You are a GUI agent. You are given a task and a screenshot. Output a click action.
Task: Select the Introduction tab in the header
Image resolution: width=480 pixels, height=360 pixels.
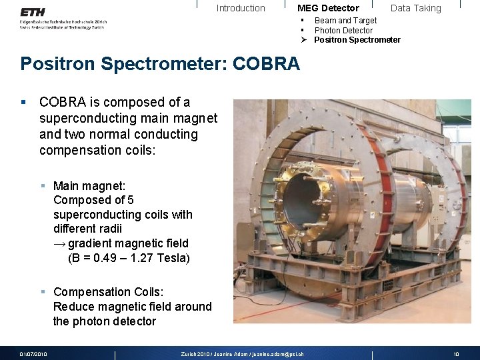point(241,8)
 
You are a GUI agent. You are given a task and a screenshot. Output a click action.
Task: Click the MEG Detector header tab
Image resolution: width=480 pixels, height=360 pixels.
point(328,8)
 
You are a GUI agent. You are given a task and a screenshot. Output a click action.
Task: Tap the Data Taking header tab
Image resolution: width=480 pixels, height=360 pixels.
point(415,8)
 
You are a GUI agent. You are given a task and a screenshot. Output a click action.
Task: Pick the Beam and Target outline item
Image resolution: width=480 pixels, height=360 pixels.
point(345,21)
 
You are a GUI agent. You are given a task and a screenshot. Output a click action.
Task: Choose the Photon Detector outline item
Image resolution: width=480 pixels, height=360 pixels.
point(343,30)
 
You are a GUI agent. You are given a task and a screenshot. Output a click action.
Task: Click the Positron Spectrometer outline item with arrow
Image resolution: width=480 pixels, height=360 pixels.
point(357,40)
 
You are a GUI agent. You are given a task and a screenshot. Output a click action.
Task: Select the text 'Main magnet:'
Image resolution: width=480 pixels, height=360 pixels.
point(89,185)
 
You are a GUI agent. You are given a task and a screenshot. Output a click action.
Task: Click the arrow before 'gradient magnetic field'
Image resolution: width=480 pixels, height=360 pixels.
point(59,243)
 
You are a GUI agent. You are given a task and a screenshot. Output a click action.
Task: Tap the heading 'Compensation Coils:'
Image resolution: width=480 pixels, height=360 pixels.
point(108,292)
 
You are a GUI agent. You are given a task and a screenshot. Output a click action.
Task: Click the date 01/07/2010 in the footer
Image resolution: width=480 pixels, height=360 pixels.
point(33,354)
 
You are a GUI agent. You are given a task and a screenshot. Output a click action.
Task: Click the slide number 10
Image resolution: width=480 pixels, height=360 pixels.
point(456,354)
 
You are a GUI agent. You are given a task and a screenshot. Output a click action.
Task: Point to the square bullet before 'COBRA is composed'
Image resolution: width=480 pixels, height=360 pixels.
point(23,103)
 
